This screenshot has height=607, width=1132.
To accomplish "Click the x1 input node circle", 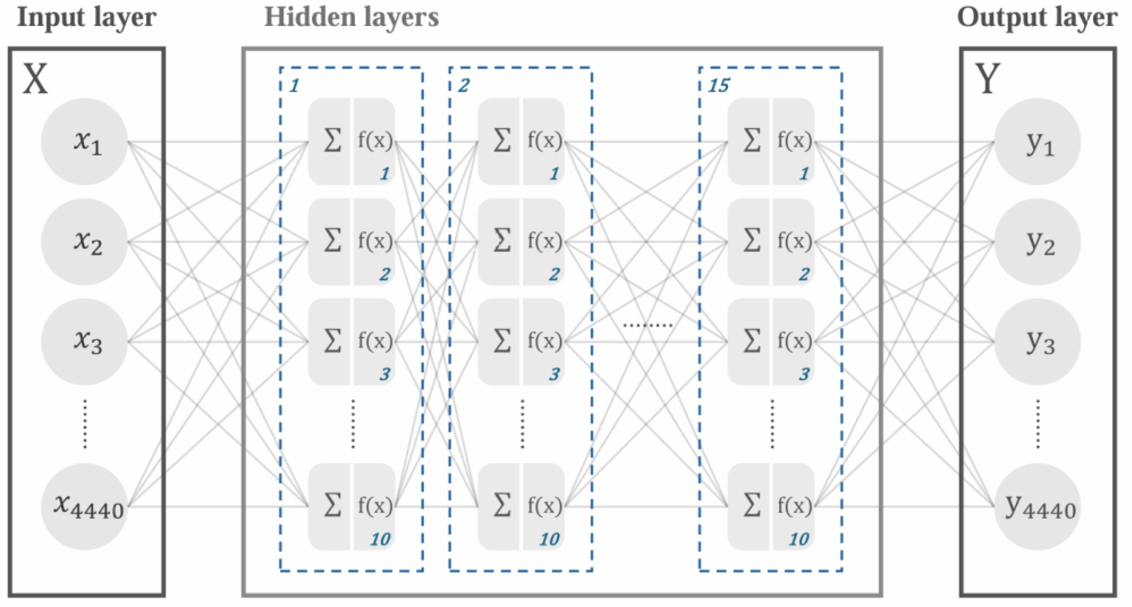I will click(84, 141).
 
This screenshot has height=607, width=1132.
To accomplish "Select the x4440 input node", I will click(84, 506).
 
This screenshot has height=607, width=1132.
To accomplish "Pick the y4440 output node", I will click(1038, 506).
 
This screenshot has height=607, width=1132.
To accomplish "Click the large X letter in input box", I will click(35, 79).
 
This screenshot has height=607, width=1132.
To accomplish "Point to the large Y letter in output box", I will click(987, 79).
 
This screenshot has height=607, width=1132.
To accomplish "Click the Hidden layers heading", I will click(351, 18).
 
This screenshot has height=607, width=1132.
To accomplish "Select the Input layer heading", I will click(86, 18).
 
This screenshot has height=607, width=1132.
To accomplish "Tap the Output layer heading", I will click(1037, 18).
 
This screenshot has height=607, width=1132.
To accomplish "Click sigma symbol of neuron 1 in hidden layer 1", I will click(332, 141).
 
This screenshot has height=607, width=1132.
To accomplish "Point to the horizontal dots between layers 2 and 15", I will click(648, 325).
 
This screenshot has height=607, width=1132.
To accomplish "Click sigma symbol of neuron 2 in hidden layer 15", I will click(752, 240).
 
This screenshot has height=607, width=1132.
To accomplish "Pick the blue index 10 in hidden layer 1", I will click(380, 539).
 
